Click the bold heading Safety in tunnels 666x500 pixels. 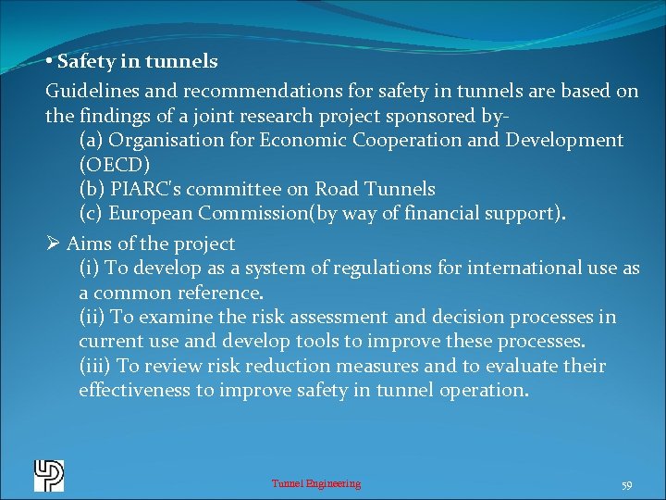tap(137, 62)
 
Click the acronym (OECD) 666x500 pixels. tap(110, 165)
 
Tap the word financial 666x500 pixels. tap(450, 213)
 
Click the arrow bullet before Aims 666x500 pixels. tap(53, 244)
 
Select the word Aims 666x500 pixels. tap(87, 244)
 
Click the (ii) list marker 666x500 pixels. tap(92, 318)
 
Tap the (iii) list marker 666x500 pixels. tap(95, 366)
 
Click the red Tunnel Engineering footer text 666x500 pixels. tap(315, 483)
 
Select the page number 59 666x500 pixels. tap(626, 484)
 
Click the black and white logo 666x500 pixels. tap(49, 475)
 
